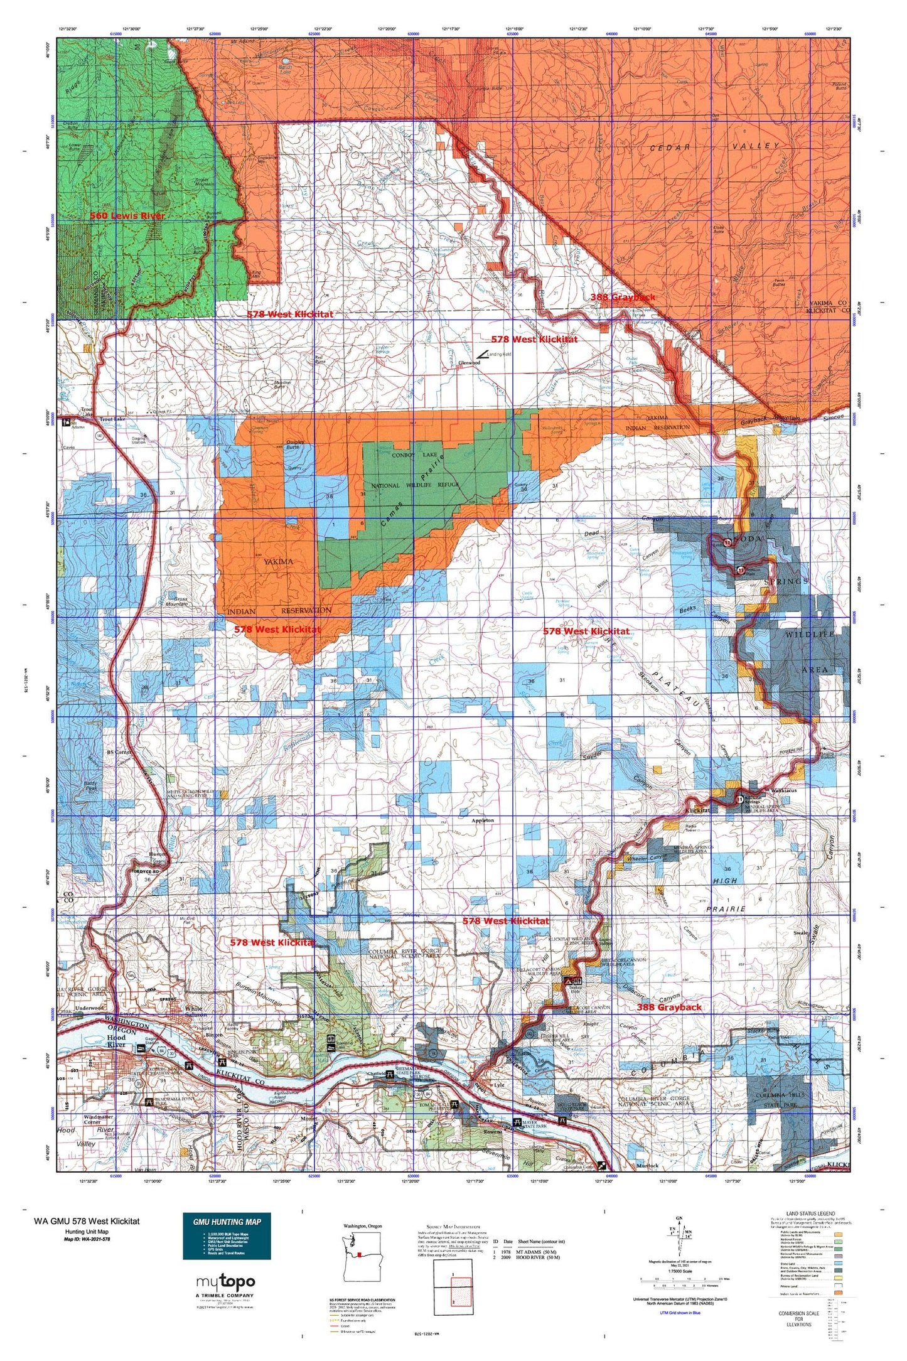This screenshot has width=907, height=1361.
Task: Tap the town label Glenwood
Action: pyautogui.click(x=470, y=363)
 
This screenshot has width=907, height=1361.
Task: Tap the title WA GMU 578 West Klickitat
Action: pyautogui.click(x=87, y=1221)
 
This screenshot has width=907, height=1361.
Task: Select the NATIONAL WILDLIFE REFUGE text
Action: pyautogui.click(x=416, y=485)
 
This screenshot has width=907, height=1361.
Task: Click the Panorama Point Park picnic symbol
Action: pyautogui.click(x=149, y=1102)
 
